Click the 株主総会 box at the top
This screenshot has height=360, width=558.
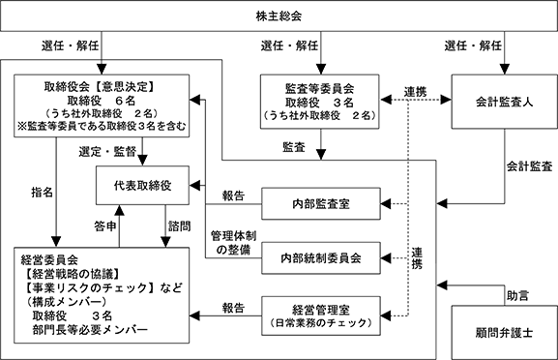279,16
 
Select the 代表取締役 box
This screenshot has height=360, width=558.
142,185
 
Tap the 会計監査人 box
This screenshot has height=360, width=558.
504,102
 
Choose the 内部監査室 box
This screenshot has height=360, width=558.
321,203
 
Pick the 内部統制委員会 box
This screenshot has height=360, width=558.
321,258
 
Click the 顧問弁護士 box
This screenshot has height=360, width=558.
504,333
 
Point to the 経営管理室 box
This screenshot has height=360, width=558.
321,315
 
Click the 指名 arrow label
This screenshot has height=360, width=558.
43,193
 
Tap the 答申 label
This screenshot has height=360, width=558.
105,226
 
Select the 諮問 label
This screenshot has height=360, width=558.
179,226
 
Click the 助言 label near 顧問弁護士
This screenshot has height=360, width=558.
517,295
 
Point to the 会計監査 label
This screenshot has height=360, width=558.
529,166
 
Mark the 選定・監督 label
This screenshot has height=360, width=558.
107,152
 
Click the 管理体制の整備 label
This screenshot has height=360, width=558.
233,243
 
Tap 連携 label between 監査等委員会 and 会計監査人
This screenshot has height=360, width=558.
415,92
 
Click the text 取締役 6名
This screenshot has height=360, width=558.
102,101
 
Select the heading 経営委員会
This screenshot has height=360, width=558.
49,260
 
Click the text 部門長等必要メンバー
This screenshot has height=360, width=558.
90,330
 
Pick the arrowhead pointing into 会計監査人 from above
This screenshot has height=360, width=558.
504,69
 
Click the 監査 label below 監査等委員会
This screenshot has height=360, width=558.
294,147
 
